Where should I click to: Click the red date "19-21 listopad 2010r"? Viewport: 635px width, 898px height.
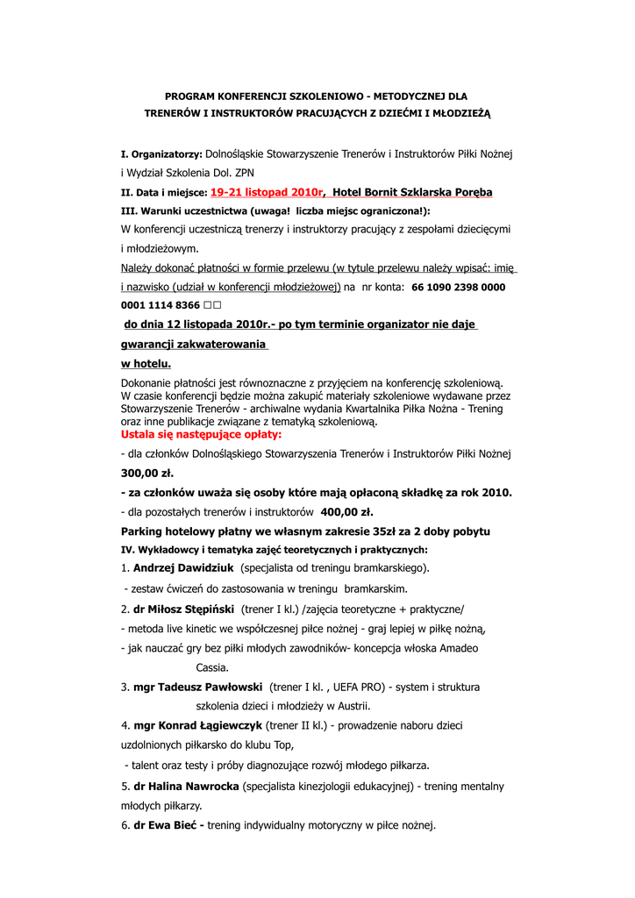click(x=267, y=191)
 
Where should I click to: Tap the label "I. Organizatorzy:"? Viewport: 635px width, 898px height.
click(x=161, y=153)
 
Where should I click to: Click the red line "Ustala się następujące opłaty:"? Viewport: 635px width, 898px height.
click(x=201, y=434)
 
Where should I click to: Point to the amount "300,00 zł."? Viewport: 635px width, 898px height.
click(x=146, y=473)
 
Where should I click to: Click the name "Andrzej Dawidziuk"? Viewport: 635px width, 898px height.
click(x=175, y=568)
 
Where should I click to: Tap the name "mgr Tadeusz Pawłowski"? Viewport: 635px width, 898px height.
click(x=197, y=687)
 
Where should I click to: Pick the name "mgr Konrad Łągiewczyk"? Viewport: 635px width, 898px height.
click(x=197, y=725)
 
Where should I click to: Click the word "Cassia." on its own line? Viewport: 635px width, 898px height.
click(x=212, y=667)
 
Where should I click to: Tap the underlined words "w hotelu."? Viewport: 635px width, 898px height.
click(x=146, y=363)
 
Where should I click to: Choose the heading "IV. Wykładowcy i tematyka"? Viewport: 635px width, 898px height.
click(x=199, y=550)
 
